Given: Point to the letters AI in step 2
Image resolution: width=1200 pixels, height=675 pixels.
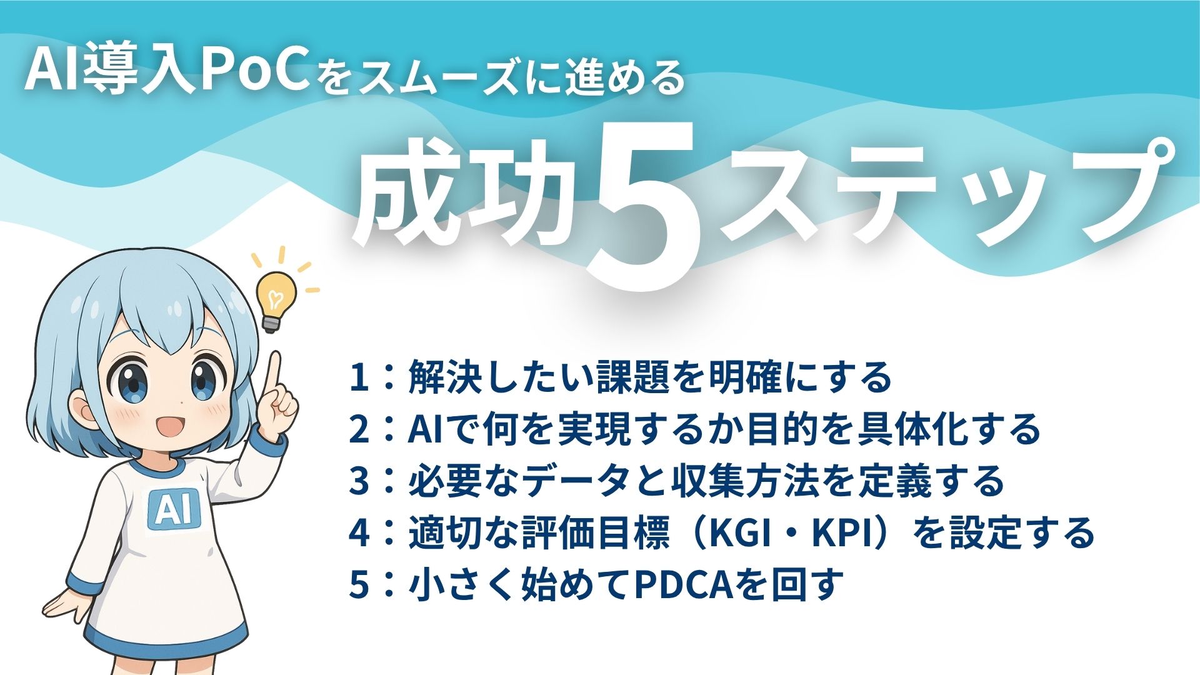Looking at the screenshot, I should (x=425, y=430).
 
